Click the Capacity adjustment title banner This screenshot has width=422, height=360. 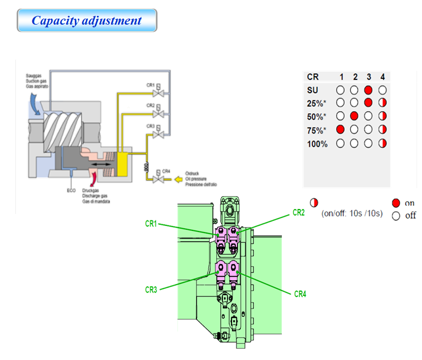tap(86, 21)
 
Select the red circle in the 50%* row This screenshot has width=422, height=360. tap(354, 116)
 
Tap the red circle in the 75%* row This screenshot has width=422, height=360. tap(340, 130)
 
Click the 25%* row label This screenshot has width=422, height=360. tap(316, 103)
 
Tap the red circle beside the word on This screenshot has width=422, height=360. tap(396, 202)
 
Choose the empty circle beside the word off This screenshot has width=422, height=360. tap(396, 216)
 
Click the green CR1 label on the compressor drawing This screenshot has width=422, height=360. tap(151, 224)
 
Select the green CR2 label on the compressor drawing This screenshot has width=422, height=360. tap(298, 212)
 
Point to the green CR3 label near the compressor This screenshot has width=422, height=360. tap(151, 290)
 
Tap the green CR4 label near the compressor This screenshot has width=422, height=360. tap(300, 294)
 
